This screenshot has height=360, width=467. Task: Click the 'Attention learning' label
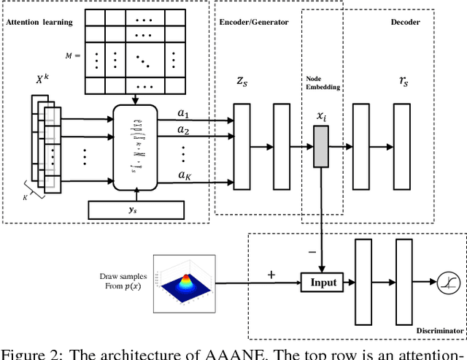pyautogui.click(x=39, y=22)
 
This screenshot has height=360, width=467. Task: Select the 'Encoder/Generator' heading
pyautogui.click(x=254, y=22)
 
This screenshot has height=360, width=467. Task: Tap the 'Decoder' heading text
pyautogui.click(x=405, y=22)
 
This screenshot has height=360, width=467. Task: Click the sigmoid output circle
pyautogui.click(x=444, y=282)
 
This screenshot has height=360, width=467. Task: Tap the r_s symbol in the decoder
pyautogui.click(x=403, y=83)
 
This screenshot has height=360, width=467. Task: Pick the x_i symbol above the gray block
pyautogui.click(x=321, y=115)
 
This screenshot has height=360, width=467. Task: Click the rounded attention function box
pyautogui.click(x=136, y=144)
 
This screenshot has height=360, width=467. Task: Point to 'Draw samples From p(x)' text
pyautogui.click(x=123, y=281)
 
